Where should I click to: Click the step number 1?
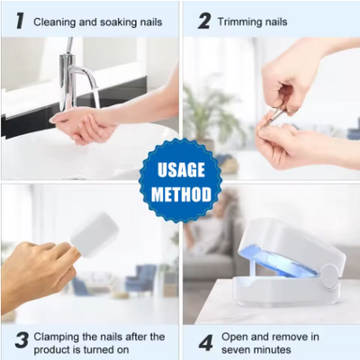click(19, 20)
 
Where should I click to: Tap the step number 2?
click(204, 20)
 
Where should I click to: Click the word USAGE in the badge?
click(181, 168)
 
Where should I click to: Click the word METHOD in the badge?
click(181, 193)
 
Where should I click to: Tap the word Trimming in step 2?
click(241, 21)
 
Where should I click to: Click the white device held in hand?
click(94, 234)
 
